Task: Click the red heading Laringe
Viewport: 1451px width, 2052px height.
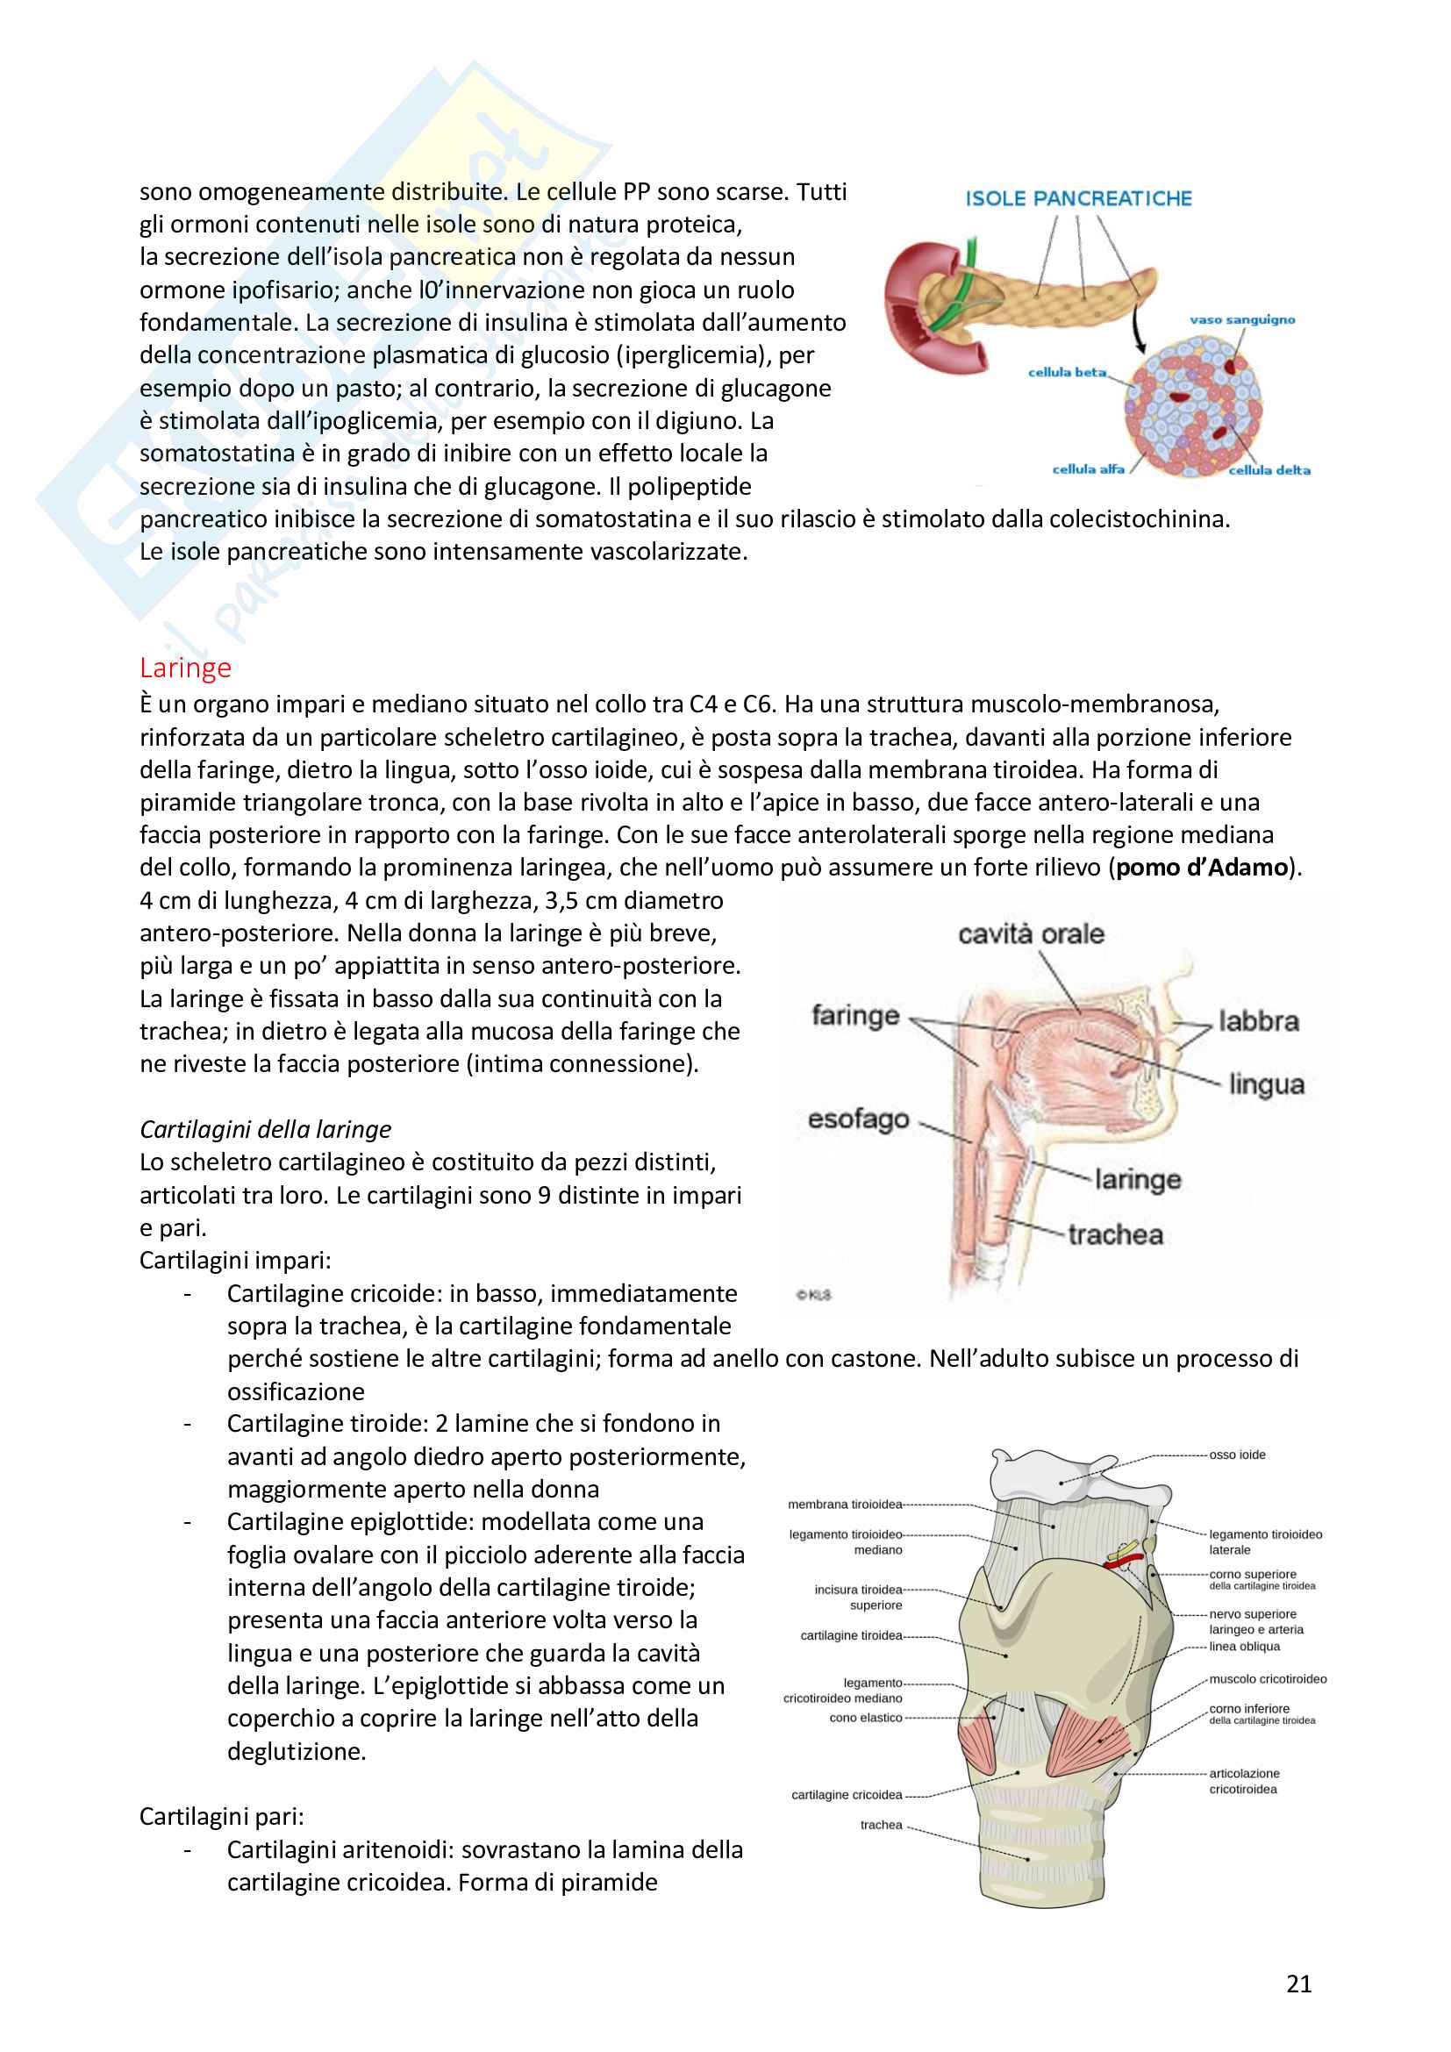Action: point(185,668)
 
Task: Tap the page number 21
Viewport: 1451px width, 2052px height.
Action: point(1298,1984)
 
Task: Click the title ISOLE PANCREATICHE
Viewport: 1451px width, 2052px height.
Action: point(1078,198)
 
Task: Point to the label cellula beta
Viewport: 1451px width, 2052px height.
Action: point(1067,372)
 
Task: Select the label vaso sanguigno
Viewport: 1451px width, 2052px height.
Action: point(1242,320)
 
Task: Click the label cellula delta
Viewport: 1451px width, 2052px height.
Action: point(1269,470)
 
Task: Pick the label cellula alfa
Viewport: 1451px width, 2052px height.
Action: point(1087,469)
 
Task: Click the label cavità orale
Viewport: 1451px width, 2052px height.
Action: point(1031,934)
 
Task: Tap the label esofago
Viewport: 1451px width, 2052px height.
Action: point(858,1119)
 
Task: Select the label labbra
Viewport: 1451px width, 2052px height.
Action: point(1258,1020)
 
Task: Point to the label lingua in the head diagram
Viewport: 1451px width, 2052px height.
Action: point(1266,1084)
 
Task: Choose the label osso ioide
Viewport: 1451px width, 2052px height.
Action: point(1237,1455)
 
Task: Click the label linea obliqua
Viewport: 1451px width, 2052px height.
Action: point(1244,1646)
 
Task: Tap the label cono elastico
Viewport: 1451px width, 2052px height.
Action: point(865,1718)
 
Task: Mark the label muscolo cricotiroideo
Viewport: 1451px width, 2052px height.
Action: point(1267,1679)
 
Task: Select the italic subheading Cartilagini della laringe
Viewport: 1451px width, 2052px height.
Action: point(265,1130)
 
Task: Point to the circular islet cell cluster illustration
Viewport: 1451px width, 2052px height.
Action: point(1193,407)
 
